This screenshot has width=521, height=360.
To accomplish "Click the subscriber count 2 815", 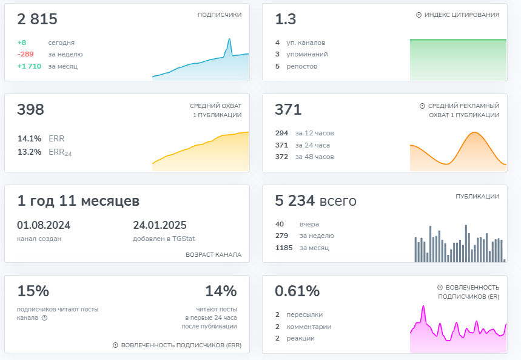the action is coord(37,19).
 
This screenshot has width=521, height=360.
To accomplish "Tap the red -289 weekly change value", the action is coord(25,54).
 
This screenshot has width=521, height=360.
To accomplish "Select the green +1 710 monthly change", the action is coord(29,66).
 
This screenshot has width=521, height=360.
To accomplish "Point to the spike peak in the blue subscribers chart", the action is coord(229,39).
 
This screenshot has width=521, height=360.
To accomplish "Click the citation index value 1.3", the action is coord(286,19).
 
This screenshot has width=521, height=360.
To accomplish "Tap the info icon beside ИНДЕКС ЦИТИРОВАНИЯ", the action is coord(418,15).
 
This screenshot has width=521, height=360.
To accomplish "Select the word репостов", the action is coord(301,67).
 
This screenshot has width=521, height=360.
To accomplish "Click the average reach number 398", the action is coord(30,109).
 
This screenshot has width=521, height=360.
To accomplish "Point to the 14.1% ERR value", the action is coord(29,138).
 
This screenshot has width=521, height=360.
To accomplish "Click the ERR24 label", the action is coord(60,152).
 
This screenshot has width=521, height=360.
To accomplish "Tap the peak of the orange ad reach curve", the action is coord(474,133).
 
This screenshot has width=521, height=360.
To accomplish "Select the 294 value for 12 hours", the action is coord(281,133).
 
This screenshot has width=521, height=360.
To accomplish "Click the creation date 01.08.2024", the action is coord(44,225).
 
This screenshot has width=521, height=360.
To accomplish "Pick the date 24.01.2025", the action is coord(160,225).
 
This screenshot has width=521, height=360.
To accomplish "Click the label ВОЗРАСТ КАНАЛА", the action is coord(213,255).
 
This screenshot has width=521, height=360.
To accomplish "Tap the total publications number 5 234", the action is coord(295,200).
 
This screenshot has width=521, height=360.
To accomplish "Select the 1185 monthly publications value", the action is coord(284,248).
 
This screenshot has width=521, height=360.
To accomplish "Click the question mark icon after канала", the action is coord(44,318).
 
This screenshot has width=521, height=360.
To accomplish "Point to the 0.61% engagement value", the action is coord(297,291).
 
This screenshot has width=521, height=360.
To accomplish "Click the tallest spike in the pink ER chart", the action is coord(423,307).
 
